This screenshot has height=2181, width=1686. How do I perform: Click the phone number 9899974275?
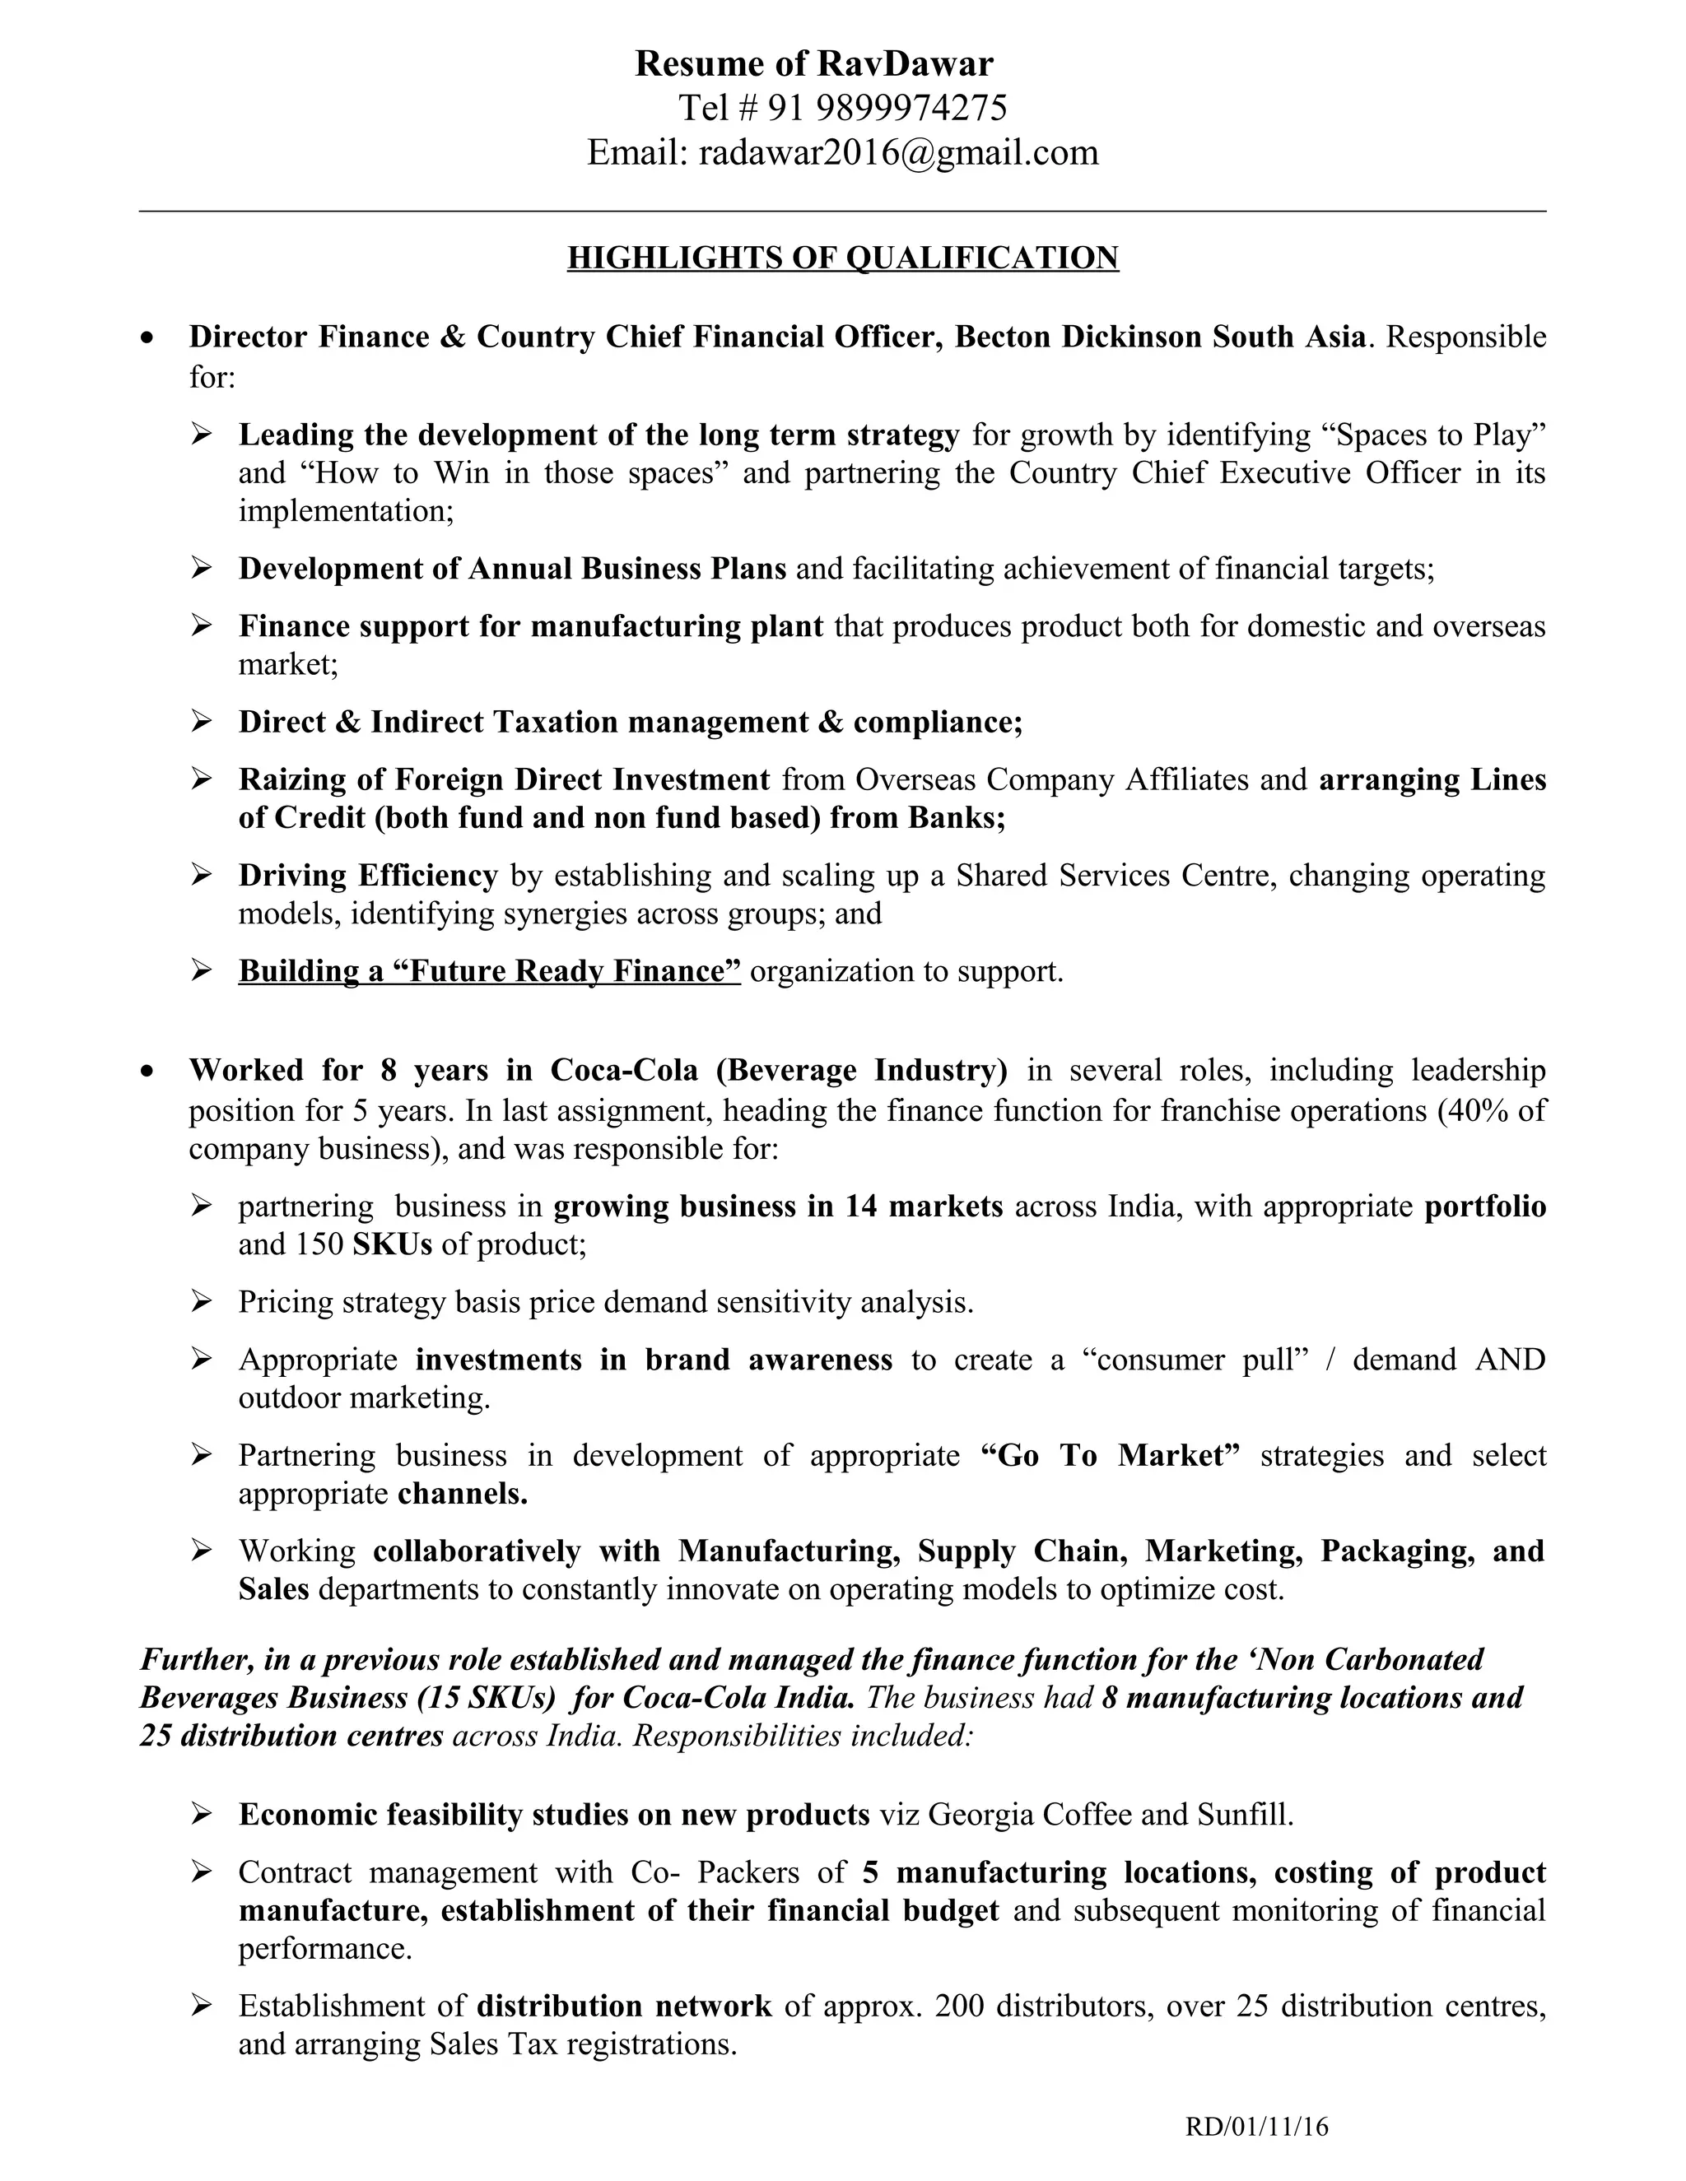[912, 108]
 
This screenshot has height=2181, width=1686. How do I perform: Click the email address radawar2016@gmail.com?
[898, 153]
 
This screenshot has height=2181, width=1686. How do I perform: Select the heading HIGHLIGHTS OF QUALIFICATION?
[842, 258]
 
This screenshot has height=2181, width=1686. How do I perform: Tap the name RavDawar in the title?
[905, 64]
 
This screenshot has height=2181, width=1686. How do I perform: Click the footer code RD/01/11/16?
[1256, 2126]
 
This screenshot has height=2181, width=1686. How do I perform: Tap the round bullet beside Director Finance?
[148, 337]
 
